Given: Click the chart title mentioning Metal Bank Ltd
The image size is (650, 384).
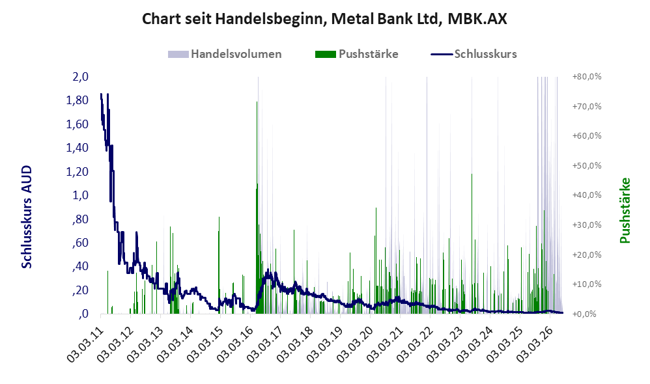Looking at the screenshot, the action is click(x=324, y=19).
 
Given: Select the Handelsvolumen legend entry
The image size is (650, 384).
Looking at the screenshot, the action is click(x=225, y=54).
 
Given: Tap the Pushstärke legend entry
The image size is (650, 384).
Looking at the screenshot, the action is click(x=356, y=54).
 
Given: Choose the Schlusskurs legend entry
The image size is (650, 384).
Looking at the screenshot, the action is click(x=473, y=54).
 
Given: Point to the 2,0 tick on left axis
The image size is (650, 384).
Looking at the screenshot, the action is click(x=80, y=77).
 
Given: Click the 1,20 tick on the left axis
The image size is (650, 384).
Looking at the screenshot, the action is click(x=78, y=171).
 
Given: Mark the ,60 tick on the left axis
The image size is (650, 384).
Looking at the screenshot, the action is click(x=80, y=243).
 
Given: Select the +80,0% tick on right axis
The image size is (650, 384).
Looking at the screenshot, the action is click(x=587, y=77).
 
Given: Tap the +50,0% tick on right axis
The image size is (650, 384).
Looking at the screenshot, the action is click(x=587, y=166).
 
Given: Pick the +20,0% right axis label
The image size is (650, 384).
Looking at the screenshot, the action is click(x=587, y=254).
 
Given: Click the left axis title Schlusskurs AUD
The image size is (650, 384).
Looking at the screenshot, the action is click(x=27, y=217).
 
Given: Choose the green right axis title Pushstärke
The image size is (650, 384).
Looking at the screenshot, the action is click(x=625, y=210).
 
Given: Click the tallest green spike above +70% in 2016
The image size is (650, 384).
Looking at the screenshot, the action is click(x=257, y=207).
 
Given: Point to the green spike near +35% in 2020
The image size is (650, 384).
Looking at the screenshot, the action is click(x=376, y=260).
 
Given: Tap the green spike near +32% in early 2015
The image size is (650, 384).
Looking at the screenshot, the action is click(x=219, y=265).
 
